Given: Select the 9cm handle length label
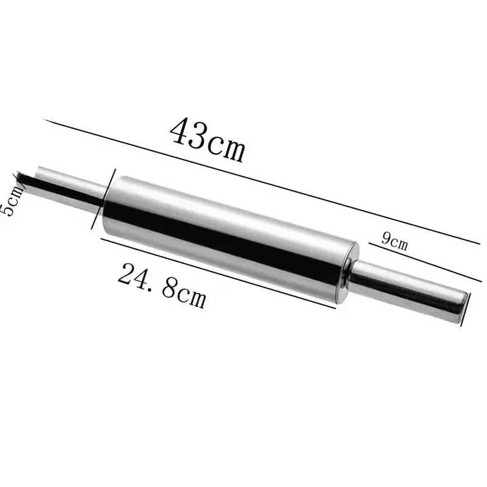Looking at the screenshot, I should click(394, 240).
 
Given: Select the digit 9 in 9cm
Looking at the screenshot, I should click(386, 237).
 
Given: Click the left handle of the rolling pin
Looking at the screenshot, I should click(67, 186).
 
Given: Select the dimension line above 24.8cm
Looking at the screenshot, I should click(219, 273).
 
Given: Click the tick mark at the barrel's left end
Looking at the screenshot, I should click(97, 210).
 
